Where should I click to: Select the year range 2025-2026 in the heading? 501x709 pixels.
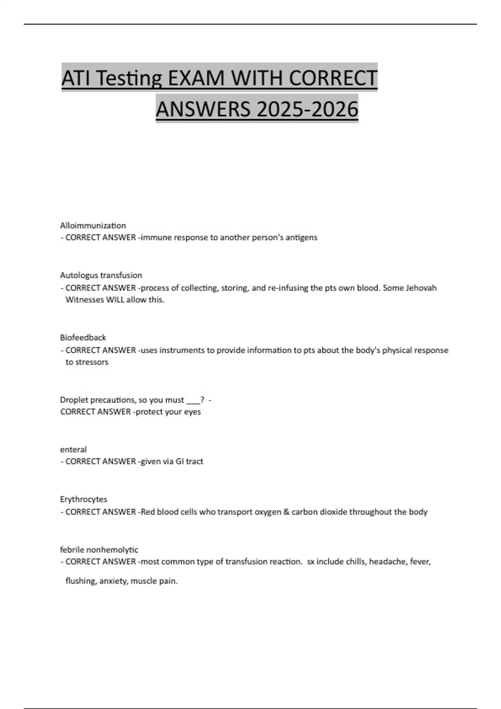(x=307, y=109)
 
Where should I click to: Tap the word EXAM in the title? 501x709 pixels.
(x=196, y=78)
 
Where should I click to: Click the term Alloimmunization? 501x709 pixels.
(x=93, y=226)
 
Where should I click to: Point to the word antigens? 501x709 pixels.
(x=301, y=237)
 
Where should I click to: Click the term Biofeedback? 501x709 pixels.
(x=83, y=337)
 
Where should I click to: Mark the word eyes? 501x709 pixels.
(x=192, y=412)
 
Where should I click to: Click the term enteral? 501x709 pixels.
(x=73, y=450)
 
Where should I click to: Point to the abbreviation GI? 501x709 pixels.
(x=180, y=461)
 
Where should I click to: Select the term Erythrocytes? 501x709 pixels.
(x=83, y=499)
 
